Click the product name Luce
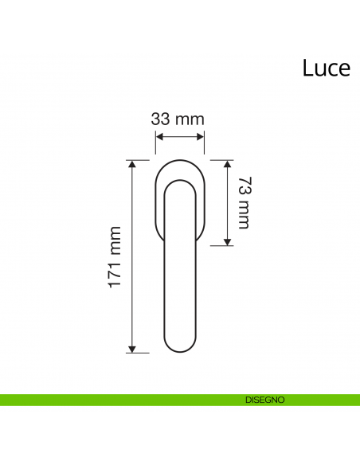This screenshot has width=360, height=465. click(327, 68)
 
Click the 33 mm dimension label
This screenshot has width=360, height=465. click(178, 119)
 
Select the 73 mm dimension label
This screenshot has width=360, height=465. click(245, 202)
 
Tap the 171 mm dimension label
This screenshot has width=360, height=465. click(115, 257)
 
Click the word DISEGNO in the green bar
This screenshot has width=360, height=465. click(264, 400)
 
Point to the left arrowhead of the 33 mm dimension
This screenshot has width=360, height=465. click(159, 137)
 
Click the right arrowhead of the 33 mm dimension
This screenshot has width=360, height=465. click(201, 137)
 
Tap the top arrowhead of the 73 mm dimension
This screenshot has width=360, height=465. click(227, 164)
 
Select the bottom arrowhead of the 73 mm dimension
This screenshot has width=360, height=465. click(227, 242)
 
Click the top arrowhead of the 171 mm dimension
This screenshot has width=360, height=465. click(132, 164)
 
